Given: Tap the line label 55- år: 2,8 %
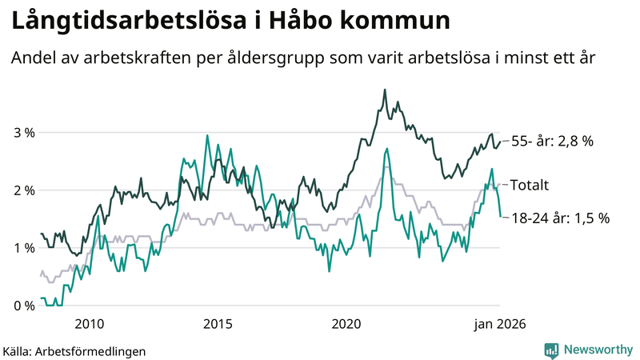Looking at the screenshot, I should coord(552,142).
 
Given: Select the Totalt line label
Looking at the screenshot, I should coord(529,185).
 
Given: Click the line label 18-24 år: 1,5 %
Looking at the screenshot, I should coord(560,217).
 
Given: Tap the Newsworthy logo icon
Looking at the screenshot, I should coord(551,350).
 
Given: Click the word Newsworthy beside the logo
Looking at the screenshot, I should coord(596,350).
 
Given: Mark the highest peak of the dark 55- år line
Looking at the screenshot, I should coord(385,90).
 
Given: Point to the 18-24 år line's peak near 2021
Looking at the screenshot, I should coord(387,148).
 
